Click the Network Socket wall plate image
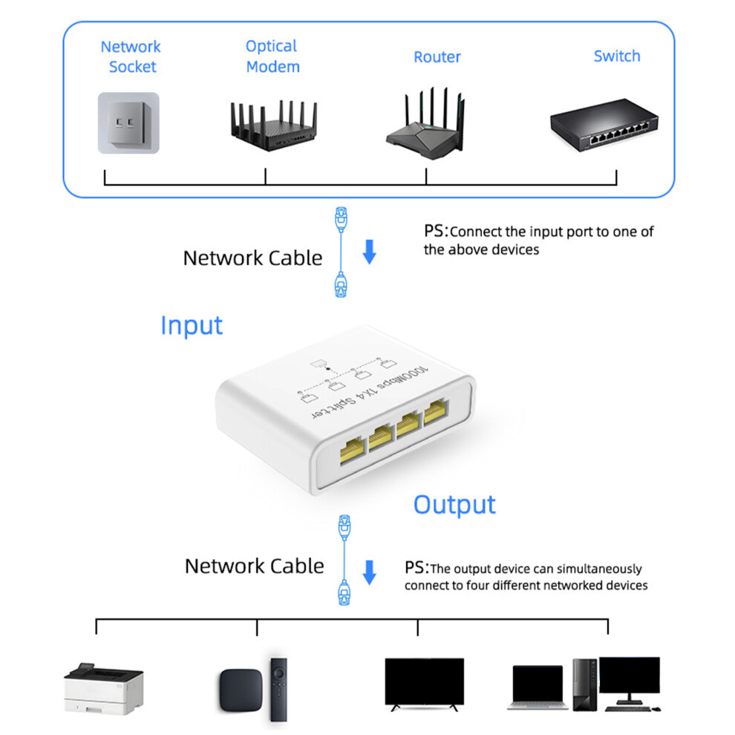coord(128,122)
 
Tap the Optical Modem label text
coord(272,56)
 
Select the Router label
coord(437,56)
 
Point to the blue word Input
coord(192,325)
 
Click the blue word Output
coord(454,505)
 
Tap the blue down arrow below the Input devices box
coord(370,252)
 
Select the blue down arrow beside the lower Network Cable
coord(370,572)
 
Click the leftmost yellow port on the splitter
coord(352,450)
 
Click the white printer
coord(104,688)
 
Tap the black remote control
coord(278,689)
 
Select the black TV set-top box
coord(241,690)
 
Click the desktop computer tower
coord(584,685)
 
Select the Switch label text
coord(617,56)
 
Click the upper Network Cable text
coord(252,258)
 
